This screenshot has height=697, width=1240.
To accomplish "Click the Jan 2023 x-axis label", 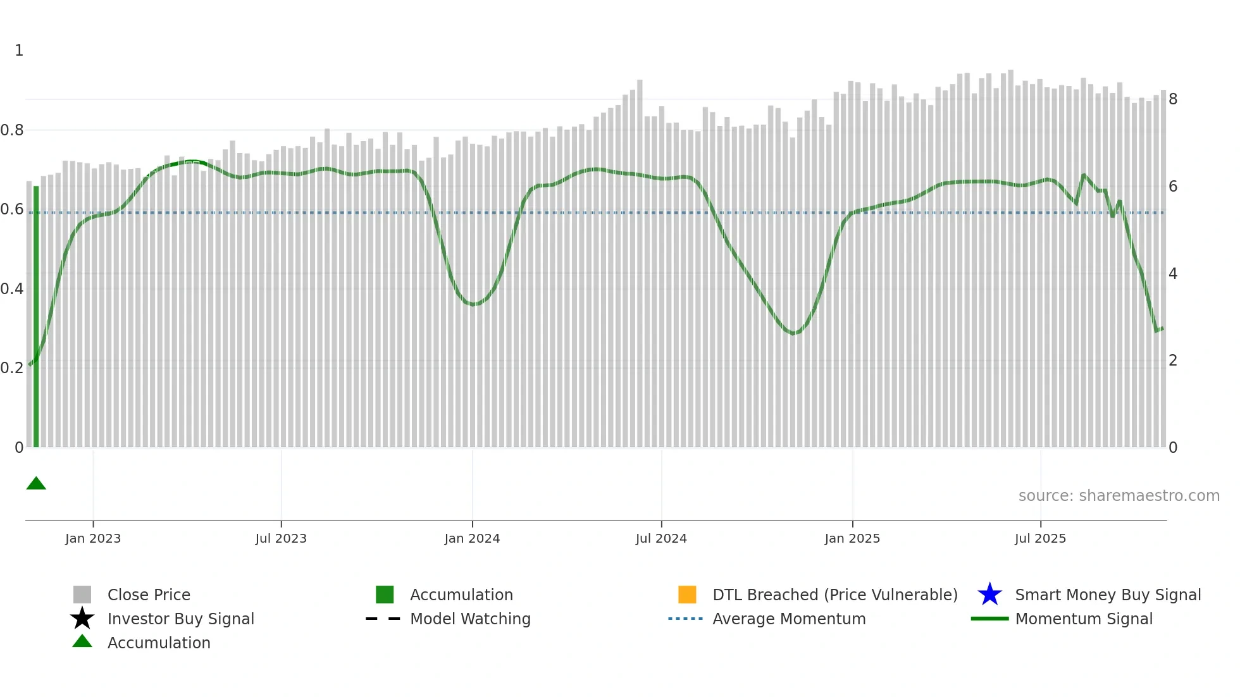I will click(x=93, y=538).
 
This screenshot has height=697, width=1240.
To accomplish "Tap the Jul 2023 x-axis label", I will click(x=281, y=538).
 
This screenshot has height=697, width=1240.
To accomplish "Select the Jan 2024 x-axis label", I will click(x=472, y=538).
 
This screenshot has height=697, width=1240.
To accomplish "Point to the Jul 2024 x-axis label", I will click(x=661, y=538).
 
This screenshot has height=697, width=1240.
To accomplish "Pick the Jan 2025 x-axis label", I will click(x=852, y=538).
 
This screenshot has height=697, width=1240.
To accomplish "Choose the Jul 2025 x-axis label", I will click(x=1040, y=538).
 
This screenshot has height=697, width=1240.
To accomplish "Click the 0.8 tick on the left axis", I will click(x=12, y=130).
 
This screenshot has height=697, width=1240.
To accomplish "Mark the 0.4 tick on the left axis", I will click(x=12, y=289).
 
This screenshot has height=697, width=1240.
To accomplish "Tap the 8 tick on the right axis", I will click(x=1173, y=99).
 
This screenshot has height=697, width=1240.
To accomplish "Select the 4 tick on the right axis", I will click(x=1173, y=274).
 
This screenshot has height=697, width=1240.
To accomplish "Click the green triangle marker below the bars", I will click(x=36, y=484).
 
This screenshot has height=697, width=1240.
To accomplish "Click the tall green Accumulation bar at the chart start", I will click(x=36, y=316).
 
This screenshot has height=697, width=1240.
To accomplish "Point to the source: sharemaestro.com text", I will click(x=1119, y=496).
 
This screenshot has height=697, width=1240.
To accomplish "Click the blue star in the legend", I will click(x=989, y=595).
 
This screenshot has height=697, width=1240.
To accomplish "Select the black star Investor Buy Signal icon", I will click(x=82, y=619).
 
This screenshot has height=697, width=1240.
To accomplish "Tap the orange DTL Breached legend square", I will click(x=687, y=595).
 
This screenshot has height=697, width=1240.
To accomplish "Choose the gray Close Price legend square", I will click(x=82, y=595).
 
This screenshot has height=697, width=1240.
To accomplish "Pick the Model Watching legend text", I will click(x=470, y=619).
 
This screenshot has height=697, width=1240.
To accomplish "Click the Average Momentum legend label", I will click(x=789, y=619).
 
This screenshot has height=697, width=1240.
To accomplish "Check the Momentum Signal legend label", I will click(x=1084, y=619).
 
